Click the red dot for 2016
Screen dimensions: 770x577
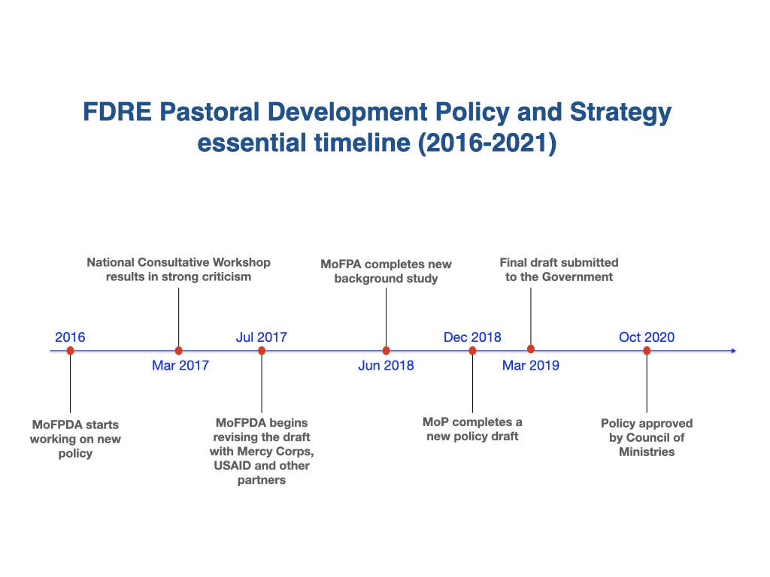(70, 350)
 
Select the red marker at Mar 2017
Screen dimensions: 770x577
(179, 350)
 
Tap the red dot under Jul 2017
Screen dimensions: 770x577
(262, 350)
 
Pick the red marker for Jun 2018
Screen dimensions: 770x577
(386, 350)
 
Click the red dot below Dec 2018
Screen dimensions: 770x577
(472, 350)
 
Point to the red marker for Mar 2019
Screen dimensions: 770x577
(531, 349)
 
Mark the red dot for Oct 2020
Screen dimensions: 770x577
(647, 350)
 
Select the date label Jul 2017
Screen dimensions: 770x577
(261, 337)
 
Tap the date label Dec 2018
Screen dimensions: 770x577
(472, 337)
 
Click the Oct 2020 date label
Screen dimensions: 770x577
(647, 337)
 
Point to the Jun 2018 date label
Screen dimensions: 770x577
(386, 366)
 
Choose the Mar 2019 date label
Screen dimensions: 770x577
(531, 366)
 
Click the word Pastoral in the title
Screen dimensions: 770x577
(210, 112)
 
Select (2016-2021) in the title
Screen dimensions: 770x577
(487, 143)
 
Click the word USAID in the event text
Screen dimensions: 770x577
(232, 465)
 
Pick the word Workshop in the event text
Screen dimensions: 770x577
(241, 262)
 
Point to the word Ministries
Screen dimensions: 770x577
(647, 452)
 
